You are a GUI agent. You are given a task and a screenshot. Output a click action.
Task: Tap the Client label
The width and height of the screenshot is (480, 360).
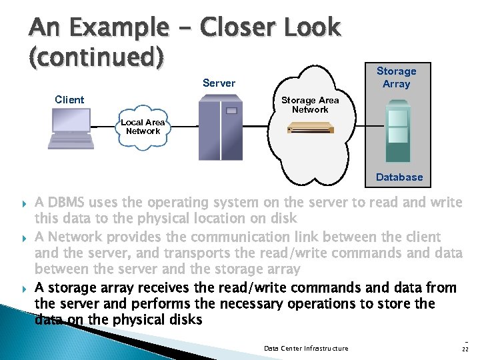69,100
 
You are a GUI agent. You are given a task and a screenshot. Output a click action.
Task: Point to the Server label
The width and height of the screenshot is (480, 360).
219,83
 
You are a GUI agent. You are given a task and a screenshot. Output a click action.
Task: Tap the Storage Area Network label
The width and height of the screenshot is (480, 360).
310,105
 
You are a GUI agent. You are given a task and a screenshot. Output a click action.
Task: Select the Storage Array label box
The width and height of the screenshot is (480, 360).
396,77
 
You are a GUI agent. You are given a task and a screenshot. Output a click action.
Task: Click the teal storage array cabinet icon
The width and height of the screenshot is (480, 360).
398,131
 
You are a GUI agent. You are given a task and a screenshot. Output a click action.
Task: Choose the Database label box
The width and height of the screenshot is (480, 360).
399,177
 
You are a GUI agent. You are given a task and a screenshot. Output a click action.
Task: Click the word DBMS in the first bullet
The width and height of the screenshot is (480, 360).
69,202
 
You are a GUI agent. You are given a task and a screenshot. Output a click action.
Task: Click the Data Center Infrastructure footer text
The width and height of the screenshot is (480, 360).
306,348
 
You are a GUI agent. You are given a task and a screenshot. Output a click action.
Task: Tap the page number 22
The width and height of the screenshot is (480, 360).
465,349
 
